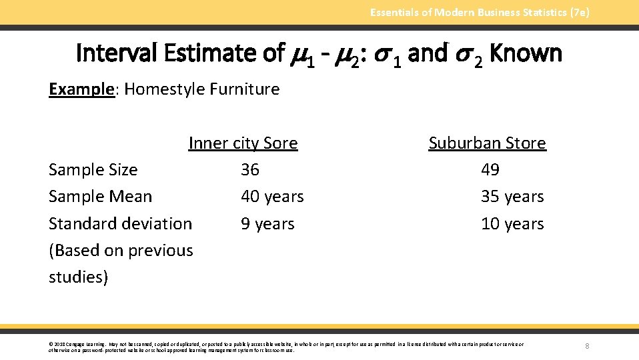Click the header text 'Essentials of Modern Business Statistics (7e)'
point(480,12)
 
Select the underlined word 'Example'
point(81,89)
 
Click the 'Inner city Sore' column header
point(243,143)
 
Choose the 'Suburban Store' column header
point(487,143)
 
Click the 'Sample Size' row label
point(93,170)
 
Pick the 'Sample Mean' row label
point(100,197)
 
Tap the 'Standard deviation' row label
point(120,223)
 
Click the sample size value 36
point(250,170)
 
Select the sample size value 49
point(490,170)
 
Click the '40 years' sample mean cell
point(272,197)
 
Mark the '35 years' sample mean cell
point(512,197)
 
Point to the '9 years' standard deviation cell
point(267,224)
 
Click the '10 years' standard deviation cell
point(512,224)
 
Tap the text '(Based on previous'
point(121,251)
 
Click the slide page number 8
point(587,346)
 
